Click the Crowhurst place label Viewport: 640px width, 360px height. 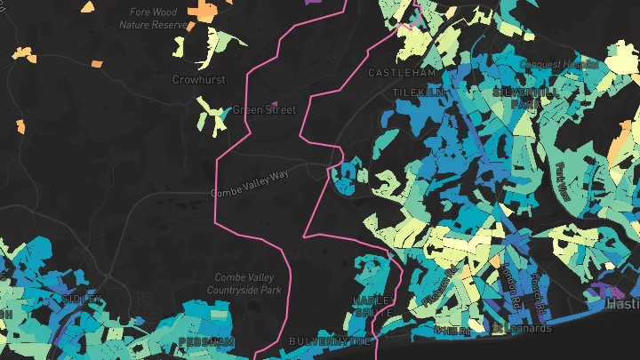tap(198, 79)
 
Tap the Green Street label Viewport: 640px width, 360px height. tap(263, 110)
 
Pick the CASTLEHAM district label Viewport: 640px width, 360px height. tap(402, 72)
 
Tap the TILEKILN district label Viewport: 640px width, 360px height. tap(416, 92)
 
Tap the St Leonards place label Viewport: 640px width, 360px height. tap(522, 328)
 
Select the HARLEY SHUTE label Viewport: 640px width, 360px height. tap(372, 306)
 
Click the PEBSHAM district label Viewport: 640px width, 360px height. tap(205, 340)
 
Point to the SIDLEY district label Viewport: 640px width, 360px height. tap(82, 300)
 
